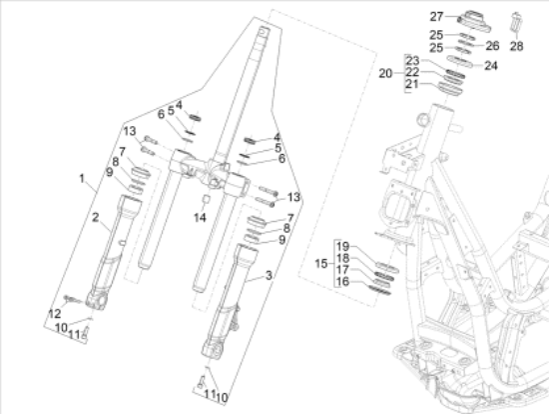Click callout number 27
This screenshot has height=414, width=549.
(x=436, y=16)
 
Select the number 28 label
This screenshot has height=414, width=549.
(x=516, y=46)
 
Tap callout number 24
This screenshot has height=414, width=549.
(x=491, y=65)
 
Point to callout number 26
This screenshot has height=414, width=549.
(x=492, y=46)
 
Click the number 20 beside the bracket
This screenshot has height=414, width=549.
(x=385, y=74)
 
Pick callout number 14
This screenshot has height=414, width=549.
(x=200, y=218)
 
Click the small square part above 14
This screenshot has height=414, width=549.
(x=207, y=199)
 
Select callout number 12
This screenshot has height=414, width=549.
(x=54, y=314)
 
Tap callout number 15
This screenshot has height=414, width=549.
(x=321, y=263)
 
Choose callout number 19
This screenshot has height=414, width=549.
(x=342, y=246)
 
